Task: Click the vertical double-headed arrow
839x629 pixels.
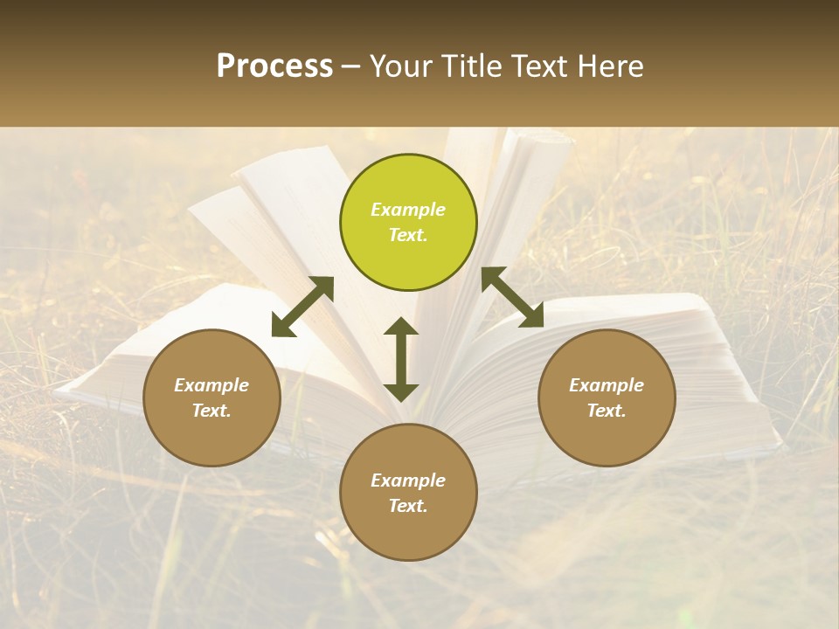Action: click(401, 359)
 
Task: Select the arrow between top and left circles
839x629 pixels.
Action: click(302, 306)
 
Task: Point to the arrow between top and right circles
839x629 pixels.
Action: click(512, 297)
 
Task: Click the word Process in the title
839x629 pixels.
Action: click(274, 66)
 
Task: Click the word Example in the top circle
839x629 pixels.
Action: click(408, 210)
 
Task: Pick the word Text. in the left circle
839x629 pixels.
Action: click(211, 411)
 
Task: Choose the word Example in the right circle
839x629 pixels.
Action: click(607, 385)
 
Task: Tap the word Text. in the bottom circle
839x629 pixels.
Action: click(408, 506)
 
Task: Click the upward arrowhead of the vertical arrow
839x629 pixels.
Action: click(401, 326)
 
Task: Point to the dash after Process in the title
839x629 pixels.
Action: click(350, 66)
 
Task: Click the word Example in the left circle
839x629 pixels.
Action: click(211, 385)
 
